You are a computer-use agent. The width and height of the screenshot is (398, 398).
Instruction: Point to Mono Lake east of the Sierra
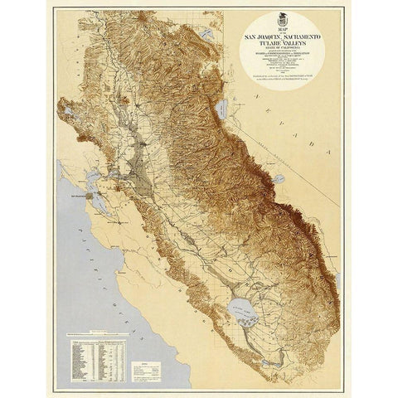279,177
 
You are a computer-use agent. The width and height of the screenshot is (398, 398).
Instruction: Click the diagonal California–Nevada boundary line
274,149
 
